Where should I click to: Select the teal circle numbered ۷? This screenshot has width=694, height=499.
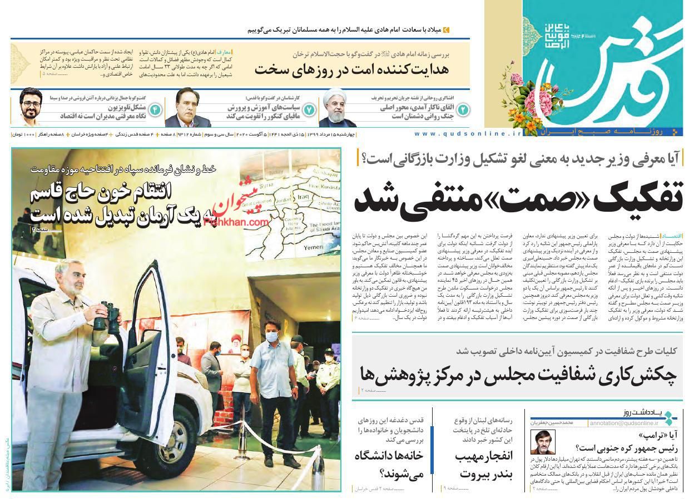point(309,109)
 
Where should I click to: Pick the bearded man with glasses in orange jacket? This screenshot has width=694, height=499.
point(32,108)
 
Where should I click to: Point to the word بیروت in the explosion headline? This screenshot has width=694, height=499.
point(481,474)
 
